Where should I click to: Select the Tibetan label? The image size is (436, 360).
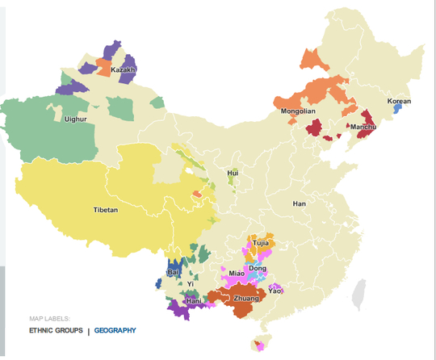tap(106, 210)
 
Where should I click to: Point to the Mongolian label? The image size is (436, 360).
tap(298, 111)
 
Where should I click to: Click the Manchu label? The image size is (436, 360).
tap(361, 127)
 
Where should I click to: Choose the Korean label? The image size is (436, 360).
tap(399, 102)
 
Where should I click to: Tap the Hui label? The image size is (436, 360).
tap(233, 173)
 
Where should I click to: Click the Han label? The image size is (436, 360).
tap(300, 203)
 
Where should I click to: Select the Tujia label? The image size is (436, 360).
tap(260, 242)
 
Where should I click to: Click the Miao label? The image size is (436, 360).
tap(237, 274)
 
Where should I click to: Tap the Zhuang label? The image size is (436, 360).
tap(246, 299)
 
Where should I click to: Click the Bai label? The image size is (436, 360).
tap(173, 273)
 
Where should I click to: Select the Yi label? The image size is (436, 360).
tap(191, 284)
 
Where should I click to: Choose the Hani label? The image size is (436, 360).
tap(193, 301)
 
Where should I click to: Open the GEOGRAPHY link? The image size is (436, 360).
tap(115, 330)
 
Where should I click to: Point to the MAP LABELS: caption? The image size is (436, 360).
tap(49, 318)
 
